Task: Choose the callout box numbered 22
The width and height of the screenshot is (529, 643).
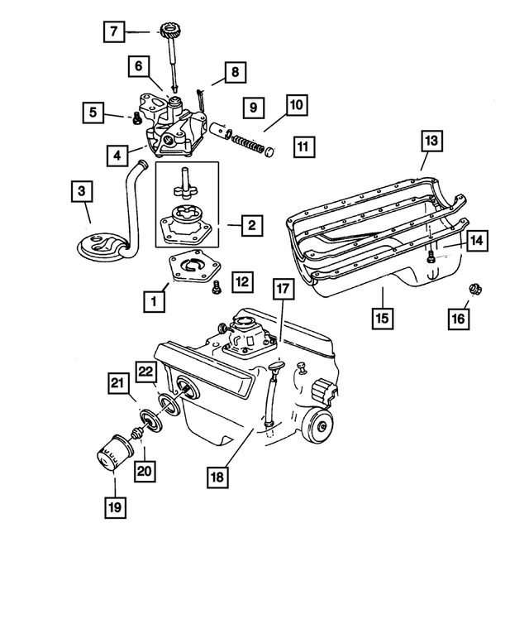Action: coord(145,375)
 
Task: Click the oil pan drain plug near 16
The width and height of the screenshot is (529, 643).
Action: coord(476,289)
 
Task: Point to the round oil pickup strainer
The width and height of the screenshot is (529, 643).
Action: coord(99,244)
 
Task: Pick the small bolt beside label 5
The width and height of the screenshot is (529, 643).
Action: coord(133,117)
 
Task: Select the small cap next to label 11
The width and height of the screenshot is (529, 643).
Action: coord(269,151)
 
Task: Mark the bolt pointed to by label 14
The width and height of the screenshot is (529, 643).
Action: coord(430,257)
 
